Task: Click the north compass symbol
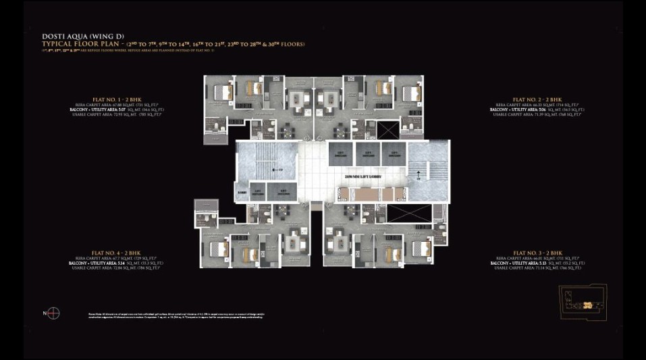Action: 53,313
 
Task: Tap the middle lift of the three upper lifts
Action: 368,153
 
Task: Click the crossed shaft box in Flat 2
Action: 389,129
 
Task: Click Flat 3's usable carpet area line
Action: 537,268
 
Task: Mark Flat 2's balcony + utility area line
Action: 537,109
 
